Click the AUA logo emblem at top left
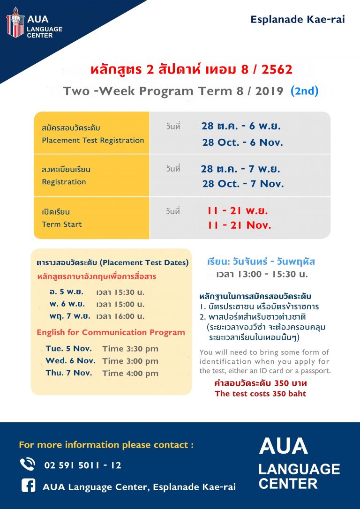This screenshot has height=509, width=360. point(15,22)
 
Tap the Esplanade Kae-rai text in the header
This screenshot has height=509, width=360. point(297,20)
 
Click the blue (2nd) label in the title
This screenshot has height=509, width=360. point(305,91)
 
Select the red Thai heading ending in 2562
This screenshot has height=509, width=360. point(191,69)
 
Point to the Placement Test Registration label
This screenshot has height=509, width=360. point(93,141)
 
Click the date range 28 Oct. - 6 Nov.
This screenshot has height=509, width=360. point(242,142)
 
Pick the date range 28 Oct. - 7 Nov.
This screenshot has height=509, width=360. point(243,184)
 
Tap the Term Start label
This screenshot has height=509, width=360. point(62,224)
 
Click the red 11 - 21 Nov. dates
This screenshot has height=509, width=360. point(239,225)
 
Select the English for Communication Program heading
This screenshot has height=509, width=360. point(111,332)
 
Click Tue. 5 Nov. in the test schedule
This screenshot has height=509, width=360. point(68,349)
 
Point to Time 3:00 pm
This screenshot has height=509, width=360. point(130,361)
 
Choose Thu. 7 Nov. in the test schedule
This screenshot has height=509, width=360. point(69,373)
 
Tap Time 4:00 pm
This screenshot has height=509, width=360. point(130,373)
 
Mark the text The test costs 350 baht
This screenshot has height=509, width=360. point(260,394)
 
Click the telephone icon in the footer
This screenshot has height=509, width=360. point(28,464)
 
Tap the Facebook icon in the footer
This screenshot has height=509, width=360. point(28,486)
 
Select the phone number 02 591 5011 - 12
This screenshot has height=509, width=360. point(83,465)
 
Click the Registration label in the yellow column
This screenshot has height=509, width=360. point(64,182)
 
